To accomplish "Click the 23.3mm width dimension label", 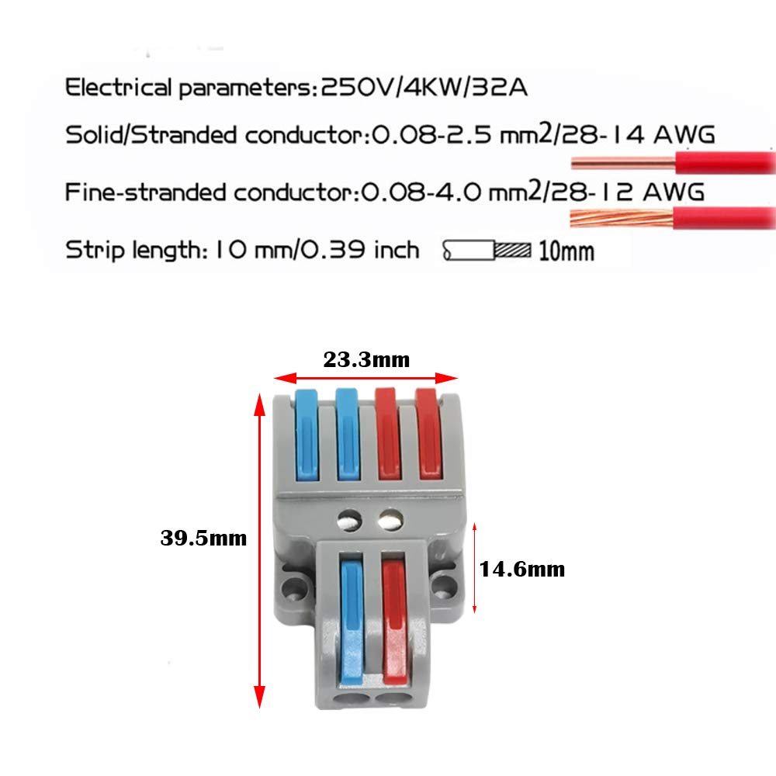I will [365, 359].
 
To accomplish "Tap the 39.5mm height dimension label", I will [203, 537].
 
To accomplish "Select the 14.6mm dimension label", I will [522, 569].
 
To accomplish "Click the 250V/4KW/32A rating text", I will [424, 87].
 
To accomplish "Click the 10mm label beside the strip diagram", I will [566, 251].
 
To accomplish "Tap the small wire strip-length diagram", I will [487, 251].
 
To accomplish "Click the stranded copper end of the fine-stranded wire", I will [621, 218].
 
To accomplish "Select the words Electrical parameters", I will [187, 87].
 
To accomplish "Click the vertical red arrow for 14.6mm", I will [475, 569].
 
